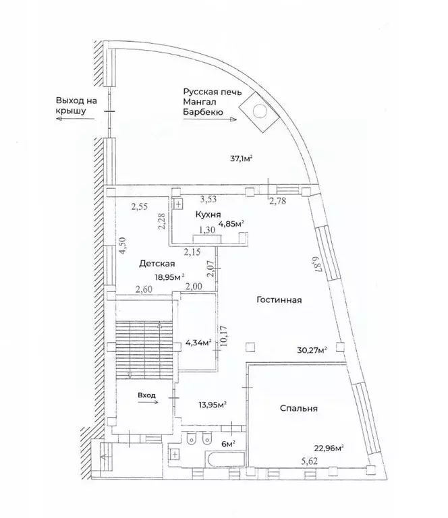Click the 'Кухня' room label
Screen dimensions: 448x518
pyautogui.click(x=208, y=214)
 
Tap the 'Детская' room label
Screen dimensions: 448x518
pyautogui.click(x=157, y=264)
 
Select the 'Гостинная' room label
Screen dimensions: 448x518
pyautogui.click(x=279, y=300)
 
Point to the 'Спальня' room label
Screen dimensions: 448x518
pyautogui.click(x=299, y=408)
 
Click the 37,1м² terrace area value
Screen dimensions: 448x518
pyautogui.click(x=242, y=159)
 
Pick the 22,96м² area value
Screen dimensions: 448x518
pyautogui.click(x=329, y=449)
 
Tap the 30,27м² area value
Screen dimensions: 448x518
pyautogui.click(x=312, y=350)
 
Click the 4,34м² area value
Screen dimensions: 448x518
pyautogui.click(x=198, y=343)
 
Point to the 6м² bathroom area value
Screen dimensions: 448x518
pyautogui.click(x=228, y=444)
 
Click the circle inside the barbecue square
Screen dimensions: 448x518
pyautogui.click(x=260, y=111)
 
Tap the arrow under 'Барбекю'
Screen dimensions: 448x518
pyautogui.click(x=210, y=119)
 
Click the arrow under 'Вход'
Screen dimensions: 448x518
pyautogui.click(x=148, y=402)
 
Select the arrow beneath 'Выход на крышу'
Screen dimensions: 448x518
pyautogui.click(x=75, y=119)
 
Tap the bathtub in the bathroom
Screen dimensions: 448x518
pyautogui.click(x=225, y=459)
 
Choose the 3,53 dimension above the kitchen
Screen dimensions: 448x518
pyautogui.click(x=208, y=199)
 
